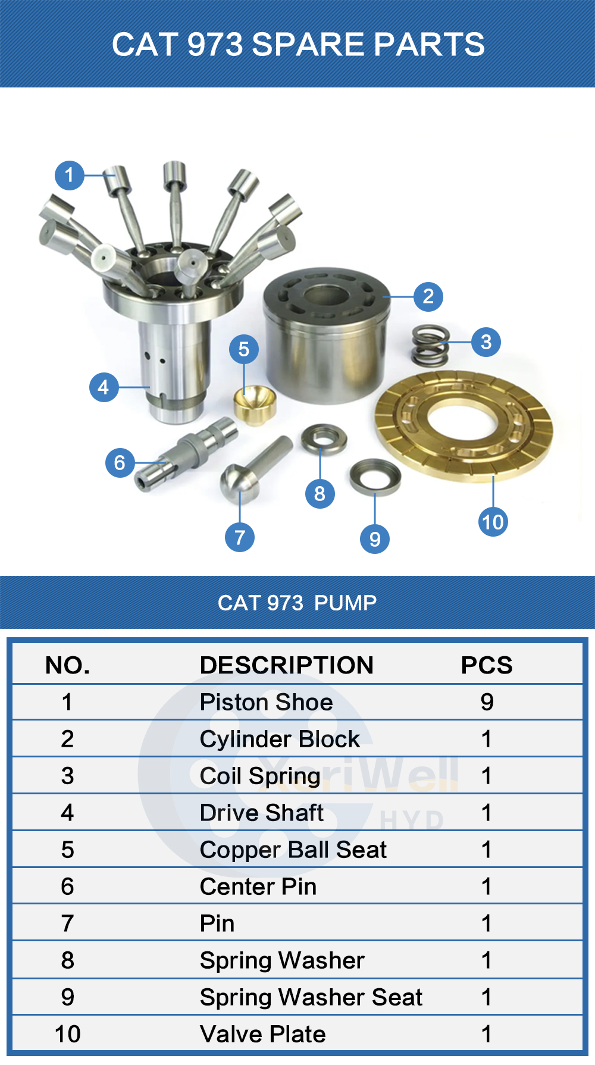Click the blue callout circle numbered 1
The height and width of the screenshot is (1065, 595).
[x=70, y=176]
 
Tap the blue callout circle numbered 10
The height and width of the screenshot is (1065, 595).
[x=493, y=522]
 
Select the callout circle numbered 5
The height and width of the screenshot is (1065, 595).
[x=244, y=349]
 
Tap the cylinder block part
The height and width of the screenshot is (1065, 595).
[x=327, y=336]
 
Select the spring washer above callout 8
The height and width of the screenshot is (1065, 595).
[x=324, y=439]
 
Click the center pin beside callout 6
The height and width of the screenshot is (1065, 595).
[x=186, y=454]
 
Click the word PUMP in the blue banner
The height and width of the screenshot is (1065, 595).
[x=345, y=603]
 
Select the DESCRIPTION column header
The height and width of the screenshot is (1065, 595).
[x=287, y=665]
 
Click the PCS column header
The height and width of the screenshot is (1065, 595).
[x=487, y=665]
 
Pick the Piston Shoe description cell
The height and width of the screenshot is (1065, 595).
[x=267, y=702]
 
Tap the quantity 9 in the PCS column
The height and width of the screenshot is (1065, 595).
[x=487, y=702]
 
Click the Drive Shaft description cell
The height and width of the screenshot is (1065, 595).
[x=262, y=813]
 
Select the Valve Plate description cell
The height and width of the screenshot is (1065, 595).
[x=263, y=1034]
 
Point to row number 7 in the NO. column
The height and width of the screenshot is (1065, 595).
[x=68, y=923]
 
